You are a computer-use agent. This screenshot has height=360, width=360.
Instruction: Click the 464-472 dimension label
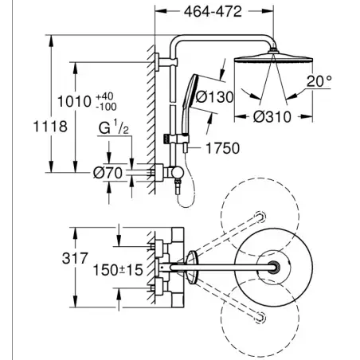point(213,12)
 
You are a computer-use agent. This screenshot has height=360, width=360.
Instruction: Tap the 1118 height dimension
point(50,127)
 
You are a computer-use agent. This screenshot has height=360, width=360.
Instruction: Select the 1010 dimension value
point(74,102)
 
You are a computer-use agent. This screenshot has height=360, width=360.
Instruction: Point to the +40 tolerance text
point(104,96)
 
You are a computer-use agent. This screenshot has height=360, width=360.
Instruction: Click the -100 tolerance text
point(106,107)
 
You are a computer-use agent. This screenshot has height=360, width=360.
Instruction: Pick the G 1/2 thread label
point(114,127)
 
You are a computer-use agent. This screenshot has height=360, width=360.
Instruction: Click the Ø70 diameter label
point(108,173)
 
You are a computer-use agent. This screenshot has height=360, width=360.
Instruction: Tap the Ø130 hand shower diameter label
point(214,97)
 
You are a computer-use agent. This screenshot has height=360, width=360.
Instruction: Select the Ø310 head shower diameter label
point(272,117)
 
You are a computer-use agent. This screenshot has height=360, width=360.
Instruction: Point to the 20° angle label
point(319,81)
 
